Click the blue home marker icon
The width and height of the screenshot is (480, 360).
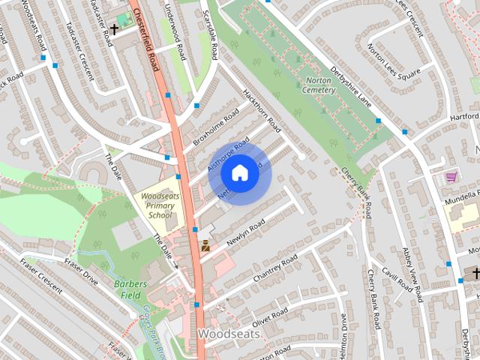pos(239,173)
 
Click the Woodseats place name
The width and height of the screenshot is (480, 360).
pos(228,333)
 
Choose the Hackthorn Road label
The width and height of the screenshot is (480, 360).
pos(262,110)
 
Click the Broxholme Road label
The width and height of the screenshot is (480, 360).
pos(216,125)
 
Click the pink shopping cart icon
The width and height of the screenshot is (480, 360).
pos(451,177)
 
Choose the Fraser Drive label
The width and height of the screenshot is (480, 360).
pos(81,271)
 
